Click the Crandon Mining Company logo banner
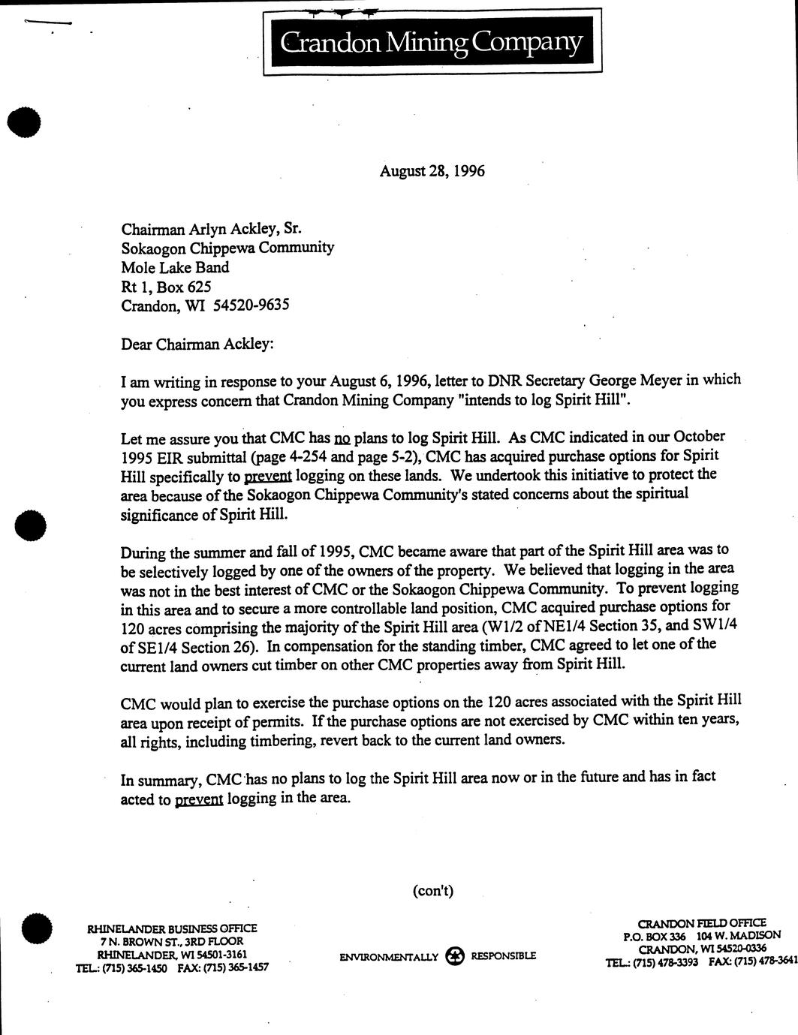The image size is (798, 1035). click(x=432, y=43)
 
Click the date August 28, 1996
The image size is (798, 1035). click(x=432, y=171)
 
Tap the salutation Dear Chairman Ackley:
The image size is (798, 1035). click(x=197, y=344)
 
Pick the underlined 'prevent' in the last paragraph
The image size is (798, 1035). click(x=199, y=799)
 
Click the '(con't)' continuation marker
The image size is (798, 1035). click(x=433, y=891)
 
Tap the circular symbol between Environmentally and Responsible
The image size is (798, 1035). click(x=454, y=956)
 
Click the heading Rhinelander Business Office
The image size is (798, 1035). click(x=172, y=928)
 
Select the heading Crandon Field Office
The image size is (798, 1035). click(x=701, y=923)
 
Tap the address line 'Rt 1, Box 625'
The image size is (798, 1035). click(x=166, y=286)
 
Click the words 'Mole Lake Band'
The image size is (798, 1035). click(x=175, y=267)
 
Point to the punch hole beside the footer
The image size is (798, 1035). click(x=37, y=929)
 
